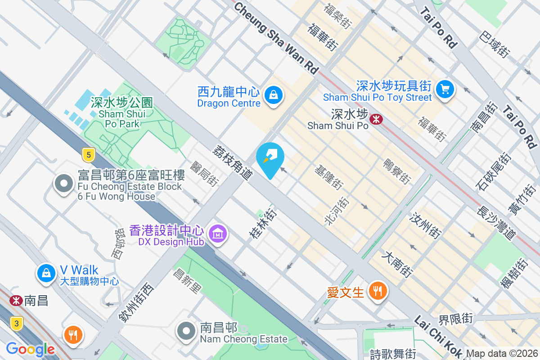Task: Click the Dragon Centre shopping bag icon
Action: click(273, 94)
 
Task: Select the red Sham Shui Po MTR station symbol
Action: click(376, 119)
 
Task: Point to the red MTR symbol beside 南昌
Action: click(16, 300)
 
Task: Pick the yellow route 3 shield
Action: click(17, 323)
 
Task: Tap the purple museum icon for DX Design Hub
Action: click(218, 234)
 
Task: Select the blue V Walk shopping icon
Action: click(46, 272)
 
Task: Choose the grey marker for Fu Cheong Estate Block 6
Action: click(64, 184)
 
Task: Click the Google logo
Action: click(30, 349)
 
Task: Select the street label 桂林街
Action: click(262, 222)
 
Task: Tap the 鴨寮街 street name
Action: click(396, 171)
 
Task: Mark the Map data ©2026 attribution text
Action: click(502, 354)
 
